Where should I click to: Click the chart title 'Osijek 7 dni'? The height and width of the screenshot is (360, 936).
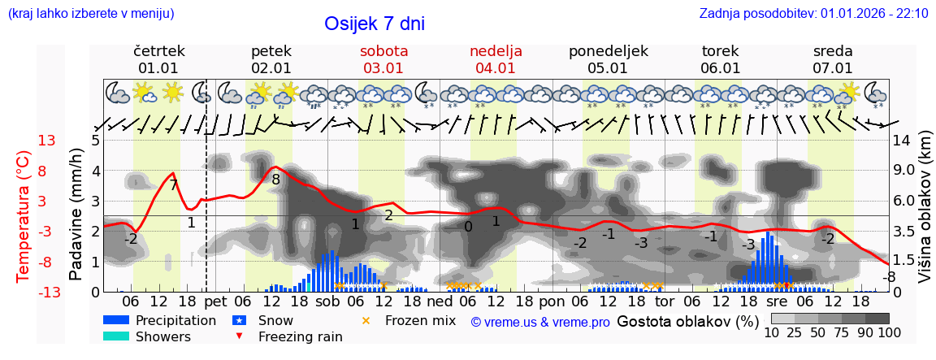(x=374, y=24)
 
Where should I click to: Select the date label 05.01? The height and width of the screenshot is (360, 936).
(x=608, y=68)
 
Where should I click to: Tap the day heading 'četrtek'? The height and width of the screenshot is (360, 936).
(x=159, y=51)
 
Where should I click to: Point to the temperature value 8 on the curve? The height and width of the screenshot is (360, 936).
(x=276, y=180)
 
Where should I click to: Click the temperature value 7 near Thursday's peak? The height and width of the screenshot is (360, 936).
(x=173, y=185)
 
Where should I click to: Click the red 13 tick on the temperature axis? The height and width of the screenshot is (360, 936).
(x=46, y=141)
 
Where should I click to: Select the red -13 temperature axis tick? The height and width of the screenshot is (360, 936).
(x=46, y=292)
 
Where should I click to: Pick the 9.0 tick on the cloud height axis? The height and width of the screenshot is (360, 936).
(x=905, y=171)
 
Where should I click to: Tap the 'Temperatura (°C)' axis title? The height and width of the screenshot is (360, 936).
(x=23, y=216)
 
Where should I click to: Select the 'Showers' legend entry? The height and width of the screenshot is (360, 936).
(x=163, y=336)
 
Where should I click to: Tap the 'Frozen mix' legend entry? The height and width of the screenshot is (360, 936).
(x=420, y=320)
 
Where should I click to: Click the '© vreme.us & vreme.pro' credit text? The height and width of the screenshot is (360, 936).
(x=540, y=322)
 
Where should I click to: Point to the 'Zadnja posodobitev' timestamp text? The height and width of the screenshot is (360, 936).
(x=813, y=13)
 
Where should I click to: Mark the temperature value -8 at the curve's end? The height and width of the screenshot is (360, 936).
(x=890, y=277)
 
